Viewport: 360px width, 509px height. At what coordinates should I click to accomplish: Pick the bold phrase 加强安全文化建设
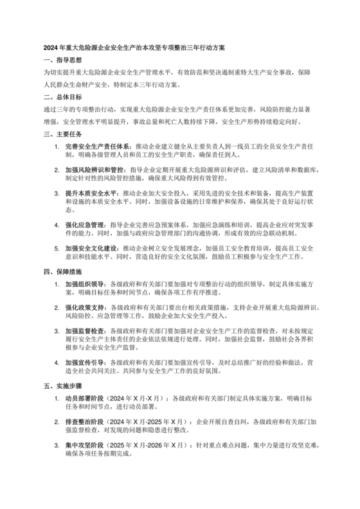(89, 248)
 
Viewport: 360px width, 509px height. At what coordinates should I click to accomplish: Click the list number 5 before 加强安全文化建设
(57, 248)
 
